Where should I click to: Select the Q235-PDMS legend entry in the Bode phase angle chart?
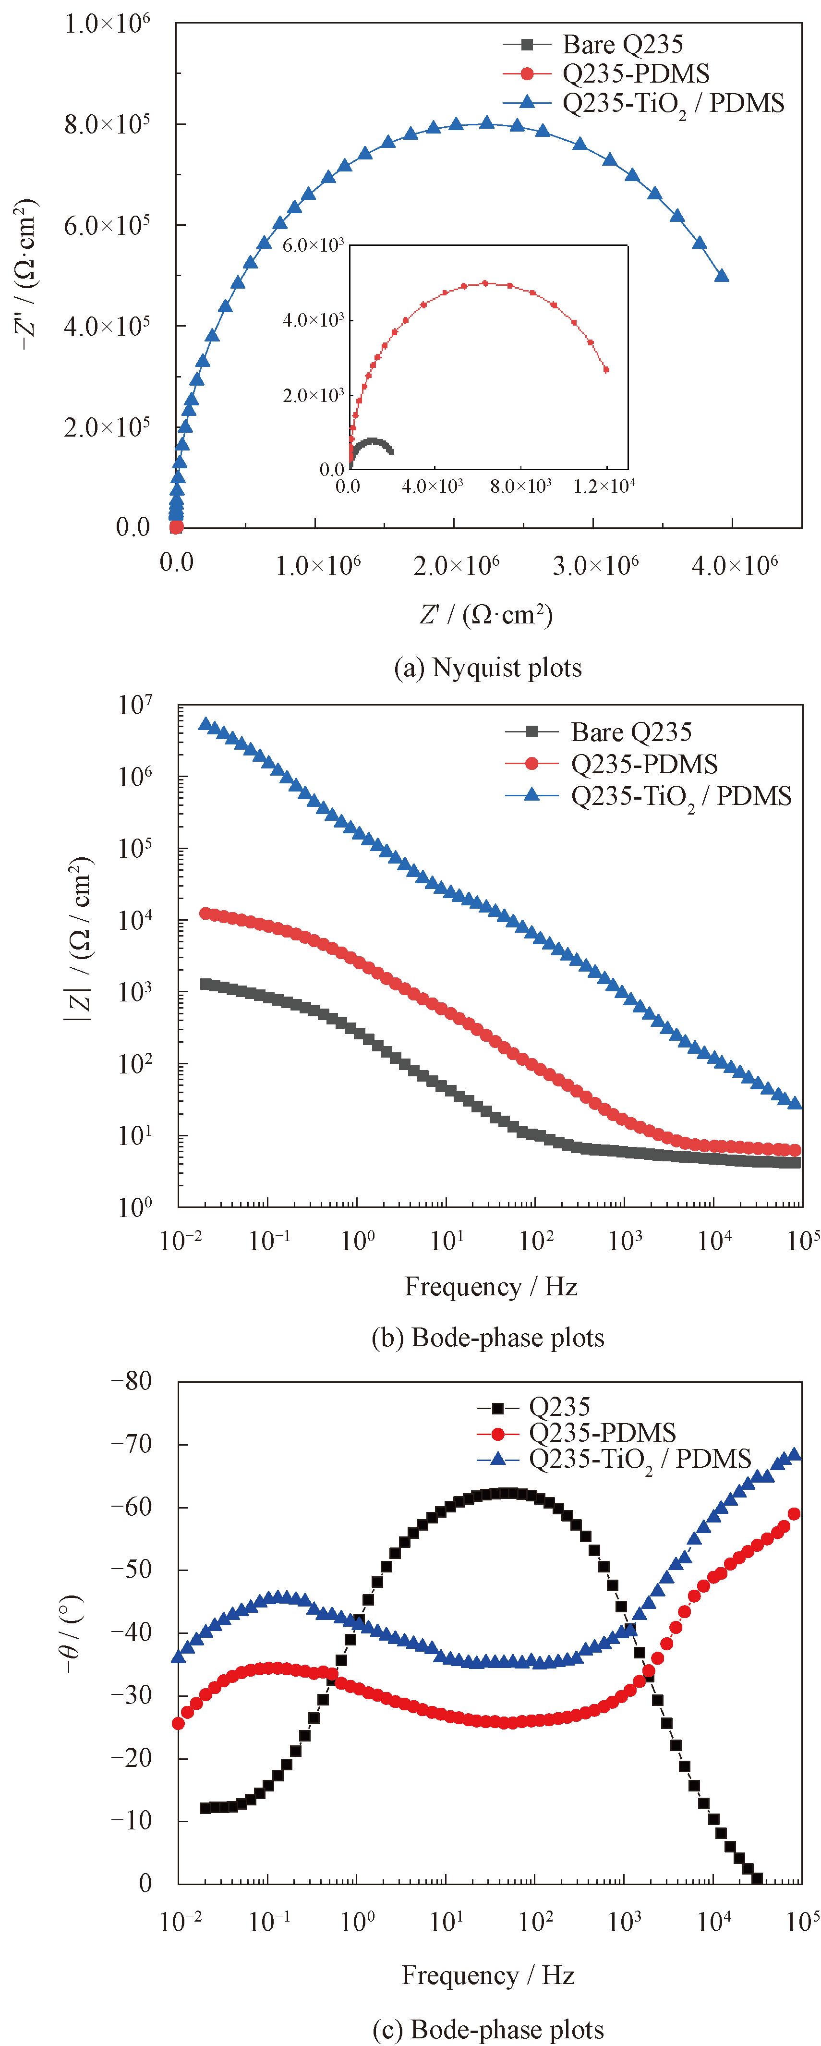coord(602,1433)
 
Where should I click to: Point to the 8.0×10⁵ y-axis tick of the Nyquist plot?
coord(107,125)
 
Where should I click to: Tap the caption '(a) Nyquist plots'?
coord(487,668)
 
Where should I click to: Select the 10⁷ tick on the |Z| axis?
coord(135,706)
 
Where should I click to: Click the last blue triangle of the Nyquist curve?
coord(722,276)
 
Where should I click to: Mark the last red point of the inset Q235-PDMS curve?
coord(606,369)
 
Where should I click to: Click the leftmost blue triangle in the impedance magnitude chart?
coord(205,724)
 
